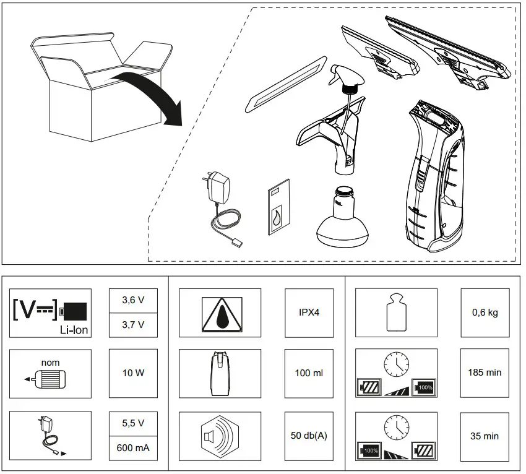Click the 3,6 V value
[134, 301]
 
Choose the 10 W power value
[134, 374]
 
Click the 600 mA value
[134, 447]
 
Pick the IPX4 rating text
[309, 312]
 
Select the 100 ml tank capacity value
[309, 373]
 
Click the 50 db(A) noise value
[309, 436]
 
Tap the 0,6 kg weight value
[485, 312]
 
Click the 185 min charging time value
[485, 373]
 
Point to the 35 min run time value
[485, 436]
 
